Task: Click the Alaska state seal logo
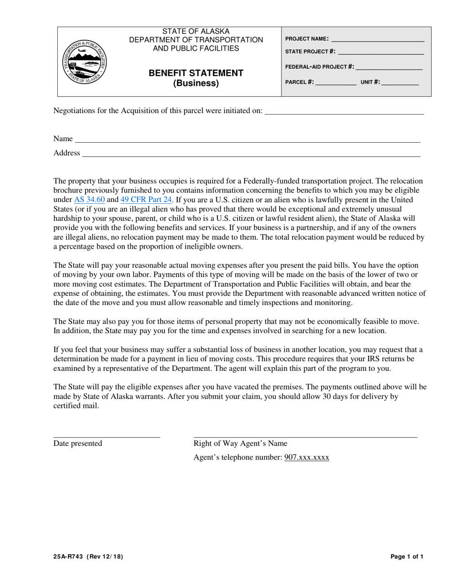(x=86, y=62)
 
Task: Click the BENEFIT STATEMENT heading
(x=195, y=73)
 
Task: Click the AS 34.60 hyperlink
(x=89, y=199)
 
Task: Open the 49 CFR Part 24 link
(x=146, y=199)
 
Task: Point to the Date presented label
(x=78, y=443)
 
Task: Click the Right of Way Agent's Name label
(x=240, y=443)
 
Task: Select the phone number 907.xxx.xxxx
(x=307, y=457)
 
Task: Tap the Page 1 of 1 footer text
(x=407, y=556)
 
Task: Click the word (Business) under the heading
(x=195, y=84)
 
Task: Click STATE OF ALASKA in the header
(x=195, y=31)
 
